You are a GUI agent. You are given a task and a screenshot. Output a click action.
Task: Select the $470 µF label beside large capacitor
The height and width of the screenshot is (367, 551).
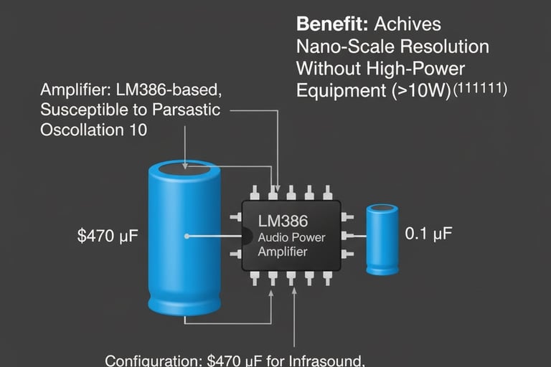pyautogui.click(x=105, y=236)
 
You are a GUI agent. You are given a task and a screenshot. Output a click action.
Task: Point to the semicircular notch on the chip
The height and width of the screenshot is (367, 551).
pyautogui.click(x=245, y=236)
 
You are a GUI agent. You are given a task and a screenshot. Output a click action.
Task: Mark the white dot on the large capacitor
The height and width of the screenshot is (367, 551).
pyautogui.click(x=187, y=235)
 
